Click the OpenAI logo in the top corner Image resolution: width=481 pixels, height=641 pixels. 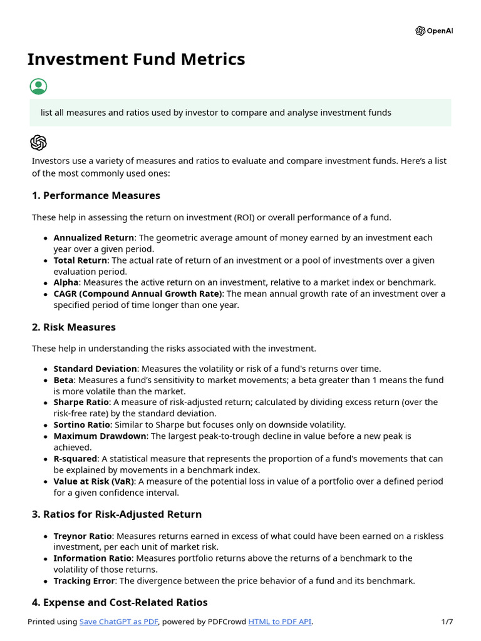tap(433, 31)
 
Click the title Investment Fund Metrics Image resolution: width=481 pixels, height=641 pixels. tap(136, 59)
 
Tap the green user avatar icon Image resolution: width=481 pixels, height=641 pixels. tap(38, 86)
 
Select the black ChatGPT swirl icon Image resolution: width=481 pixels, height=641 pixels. tap(38, 143)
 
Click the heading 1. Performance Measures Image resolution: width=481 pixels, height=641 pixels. tap(96, 195)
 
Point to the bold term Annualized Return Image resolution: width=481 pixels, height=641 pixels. tap(93, 238)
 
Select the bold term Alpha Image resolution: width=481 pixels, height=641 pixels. tap(66, 282)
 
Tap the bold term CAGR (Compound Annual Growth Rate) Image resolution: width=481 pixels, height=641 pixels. tap(138, 294)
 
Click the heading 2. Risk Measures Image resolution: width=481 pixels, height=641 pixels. tap(73, 327)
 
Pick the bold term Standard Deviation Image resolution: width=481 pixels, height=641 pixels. tap(95, 369)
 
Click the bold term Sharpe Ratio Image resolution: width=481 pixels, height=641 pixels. tap(81, 402)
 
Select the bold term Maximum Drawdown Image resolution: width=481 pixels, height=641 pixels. tap(100, 436)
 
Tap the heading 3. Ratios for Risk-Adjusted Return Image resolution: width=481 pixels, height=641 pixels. tap(116, 514)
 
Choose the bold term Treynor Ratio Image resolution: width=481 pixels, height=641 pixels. tap(83, 536)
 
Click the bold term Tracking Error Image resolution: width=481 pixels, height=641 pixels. tap(84, 580)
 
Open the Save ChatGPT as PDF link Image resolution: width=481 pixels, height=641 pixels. tap(119, 622)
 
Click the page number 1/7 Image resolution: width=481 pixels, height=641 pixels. tap(447, 622)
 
